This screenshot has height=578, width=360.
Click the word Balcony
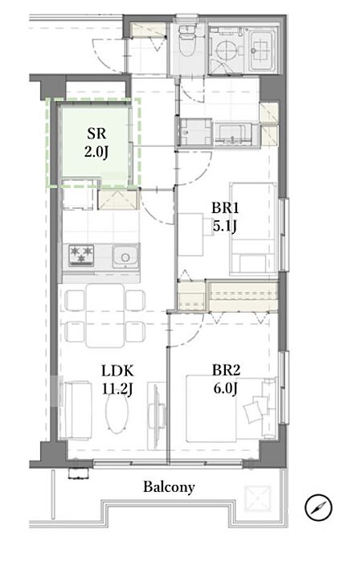[169, 487]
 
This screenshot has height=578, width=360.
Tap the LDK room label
[117, 371]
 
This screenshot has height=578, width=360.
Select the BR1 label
[225, 208]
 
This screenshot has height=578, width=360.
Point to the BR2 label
[226, 370]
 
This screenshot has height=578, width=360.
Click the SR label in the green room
[96, 133]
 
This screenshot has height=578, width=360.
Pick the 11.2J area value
[117, 389]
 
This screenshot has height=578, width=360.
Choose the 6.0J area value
[226, 388]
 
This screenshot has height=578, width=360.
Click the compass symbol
[318, 507]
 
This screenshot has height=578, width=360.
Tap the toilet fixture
[187, 41]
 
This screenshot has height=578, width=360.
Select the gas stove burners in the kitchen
[81, 255]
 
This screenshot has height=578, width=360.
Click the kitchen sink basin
[125, 256]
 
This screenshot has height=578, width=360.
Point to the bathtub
[262, 51]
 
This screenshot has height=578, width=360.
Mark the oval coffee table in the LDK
[117, 415]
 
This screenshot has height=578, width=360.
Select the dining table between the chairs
[105, 316]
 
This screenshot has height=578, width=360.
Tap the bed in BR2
[231, 408]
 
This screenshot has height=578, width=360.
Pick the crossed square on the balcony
[258, 498]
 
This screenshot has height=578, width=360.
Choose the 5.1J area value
[225, 226]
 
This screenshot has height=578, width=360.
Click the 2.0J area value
[96, 151]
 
